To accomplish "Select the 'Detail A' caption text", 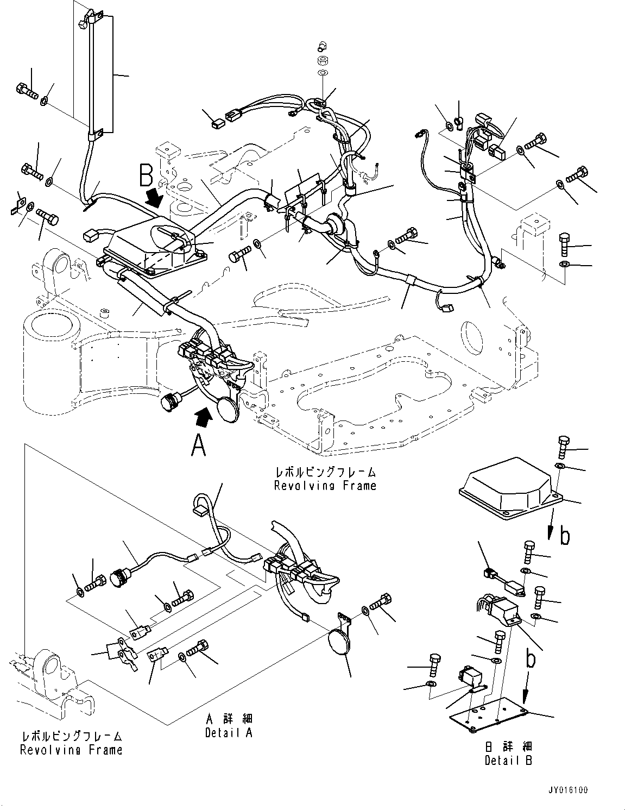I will (229, 733).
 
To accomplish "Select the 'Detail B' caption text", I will (508, 761).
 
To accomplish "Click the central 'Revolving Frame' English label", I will (325, 486).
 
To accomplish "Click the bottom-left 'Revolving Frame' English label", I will (71, 750).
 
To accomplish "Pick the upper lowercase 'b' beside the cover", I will (565, 536).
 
